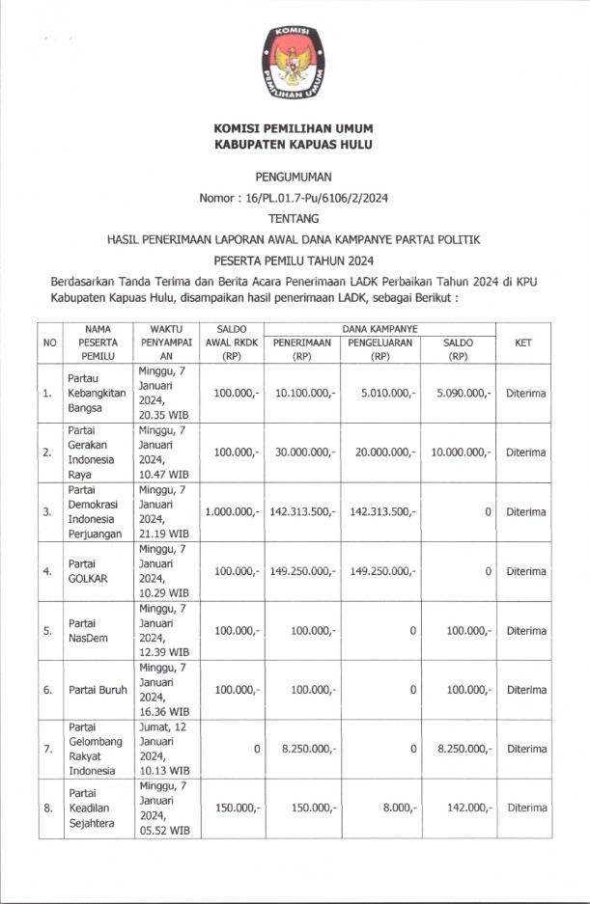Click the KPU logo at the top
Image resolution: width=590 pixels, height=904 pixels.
point(294,65)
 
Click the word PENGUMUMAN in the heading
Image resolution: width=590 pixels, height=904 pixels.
point(294,177)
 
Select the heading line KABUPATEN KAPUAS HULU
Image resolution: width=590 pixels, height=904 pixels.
point(294,144)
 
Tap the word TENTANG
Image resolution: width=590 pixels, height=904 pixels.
point(294,219)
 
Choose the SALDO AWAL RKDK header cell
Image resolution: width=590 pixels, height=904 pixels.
point(233,342)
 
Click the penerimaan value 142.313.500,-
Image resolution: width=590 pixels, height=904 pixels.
point(303,511)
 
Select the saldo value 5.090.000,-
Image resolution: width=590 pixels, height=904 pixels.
point(459,393)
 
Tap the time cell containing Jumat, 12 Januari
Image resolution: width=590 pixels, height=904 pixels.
point(167,749)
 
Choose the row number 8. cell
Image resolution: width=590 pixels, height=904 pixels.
point(47,808)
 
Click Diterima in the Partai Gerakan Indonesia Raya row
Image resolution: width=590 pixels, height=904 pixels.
point(525,452)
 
